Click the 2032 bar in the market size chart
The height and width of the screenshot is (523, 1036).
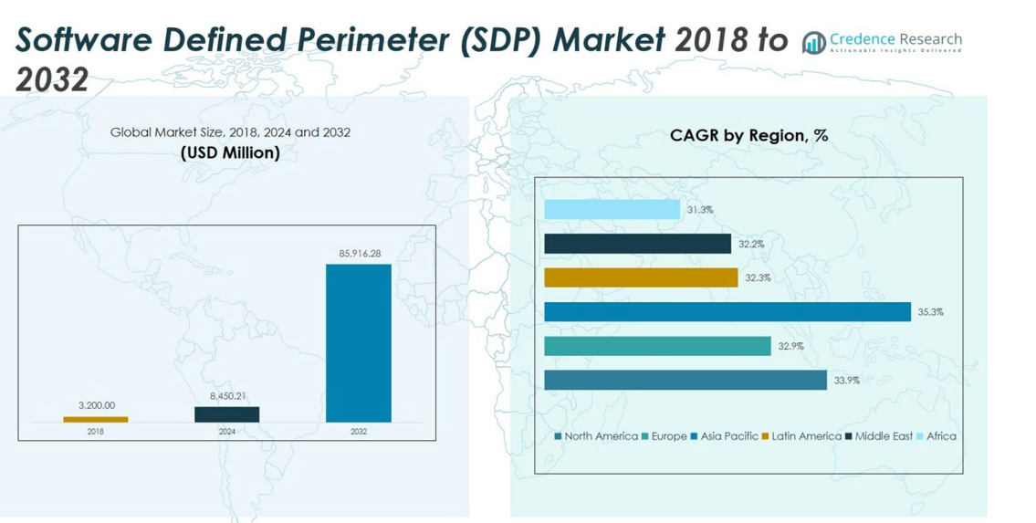358,343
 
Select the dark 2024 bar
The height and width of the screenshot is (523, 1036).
226,414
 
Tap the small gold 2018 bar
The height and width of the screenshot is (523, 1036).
96,420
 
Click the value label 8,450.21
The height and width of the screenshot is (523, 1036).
227,395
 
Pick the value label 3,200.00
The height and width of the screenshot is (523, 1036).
96,405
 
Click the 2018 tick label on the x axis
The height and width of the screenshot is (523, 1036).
96,432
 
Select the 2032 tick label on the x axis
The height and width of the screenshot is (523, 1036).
358,432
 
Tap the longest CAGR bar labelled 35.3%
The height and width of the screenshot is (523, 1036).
727,312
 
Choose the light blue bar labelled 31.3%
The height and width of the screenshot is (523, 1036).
612,210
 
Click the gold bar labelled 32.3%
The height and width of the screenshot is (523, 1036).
641,277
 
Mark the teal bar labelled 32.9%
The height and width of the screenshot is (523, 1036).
657,346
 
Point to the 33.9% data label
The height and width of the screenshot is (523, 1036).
845,380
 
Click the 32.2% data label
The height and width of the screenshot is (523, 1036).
751,244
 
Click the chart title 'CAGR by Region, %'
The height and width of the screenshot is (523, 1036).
748,135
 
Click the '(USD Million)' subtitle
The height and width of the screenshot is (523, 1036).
230,152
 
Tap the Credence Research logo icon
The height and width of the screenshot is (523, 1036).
813,42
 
